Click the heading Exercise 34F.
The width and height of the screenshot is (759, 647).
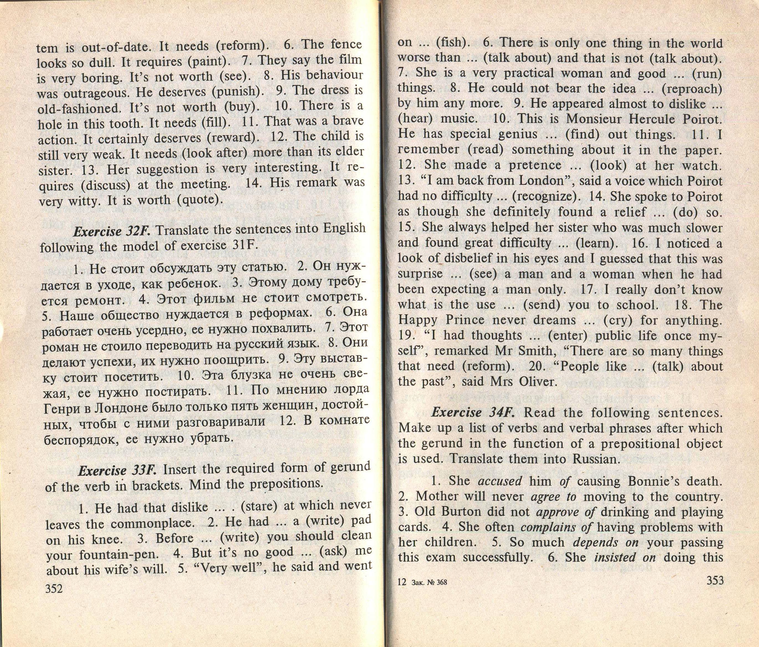tap(473, 413)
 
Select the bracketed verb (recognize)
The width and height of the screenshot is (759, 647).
tap(546, 197)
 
